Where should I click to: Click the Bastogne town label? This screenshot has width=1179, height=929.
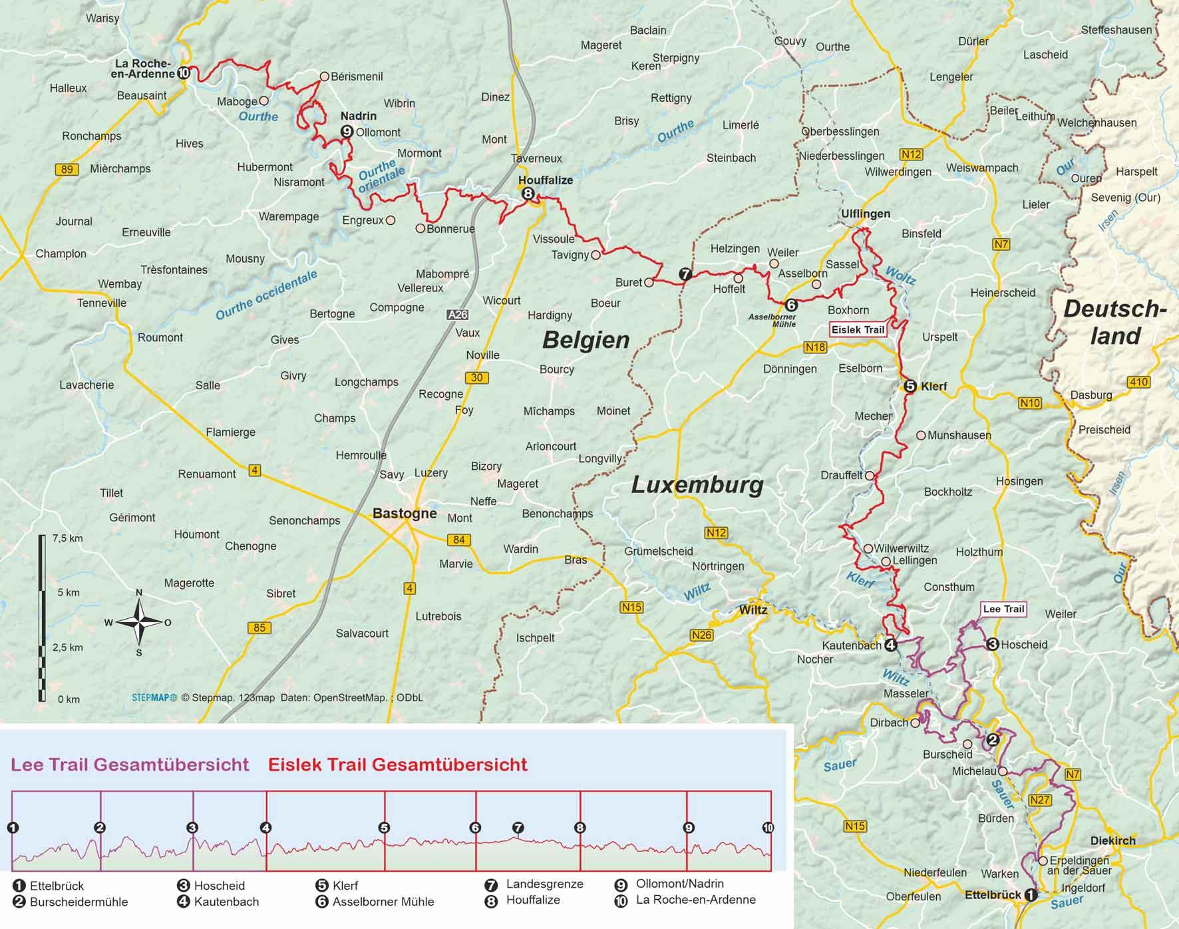pyautogui.click(x=405, y=513)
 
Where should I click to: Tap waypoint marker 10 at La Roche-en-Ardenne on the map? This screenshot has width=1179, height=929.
pyautogui.click(x=184, y=73)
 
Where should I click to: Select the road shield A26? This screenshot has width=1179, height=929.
pyautogui.click(x=457, y=315)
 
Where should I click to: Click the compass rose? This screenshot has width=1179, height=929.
pyautogui.click(x=138, y=622)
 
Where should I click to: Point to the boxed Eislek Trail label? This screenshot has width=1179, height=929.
pyautogui.click(x=858, y=329)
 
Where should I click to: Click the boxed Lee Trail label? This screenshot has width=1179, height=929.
pyautogui.click(x=1003, y=609)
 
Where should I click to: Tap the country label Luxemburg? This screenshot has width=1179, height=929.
pyautogui.click(x=697, y=485)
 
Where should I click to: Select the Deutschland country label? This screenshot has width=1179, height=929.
pyautogui.click(x=1115, y=323)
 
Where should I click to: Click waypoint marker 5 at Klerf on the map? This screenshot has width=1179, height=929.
pyautogui.click(x=910, y=386)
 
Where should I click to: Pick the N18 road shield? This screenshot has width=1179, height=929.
pyautogui.click(x=815, y=347)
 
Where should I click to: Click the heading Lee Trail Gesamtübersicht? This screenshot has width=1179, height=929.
pyautogui.click(x=130, y=765)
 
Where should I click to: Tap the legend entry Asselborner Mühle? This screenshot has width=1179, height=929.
pyautogui.click(x=383, y=902)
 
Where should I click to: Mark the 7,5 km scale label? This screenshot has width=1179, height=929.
pyautogui.click(x=67, y=538)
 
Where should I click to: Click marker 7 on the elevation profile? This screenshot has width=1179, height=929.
pyautogui.click(x=518, y=828)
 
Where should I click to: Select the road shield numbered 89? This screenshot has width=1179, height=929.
pyautogui.click(x=67, y=169)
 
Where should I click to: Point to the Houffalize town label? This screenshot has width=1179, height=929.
pyautogui.click(x=546, y=180)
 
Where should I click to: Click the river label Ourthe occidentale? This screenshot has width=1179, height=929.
pyautogui.click(x=266, y=295)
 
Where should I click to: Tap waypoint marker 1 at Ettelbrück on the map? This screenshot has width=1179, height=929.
pyautogui.click(x=1031, y=895)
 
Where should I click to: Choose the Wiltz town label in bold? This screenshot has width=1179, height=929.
pyautogui.click(x=753, y=610)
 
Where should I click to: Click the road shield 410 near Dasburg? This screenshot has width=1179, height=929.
pyautogui.click(x=1138, y=382)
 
